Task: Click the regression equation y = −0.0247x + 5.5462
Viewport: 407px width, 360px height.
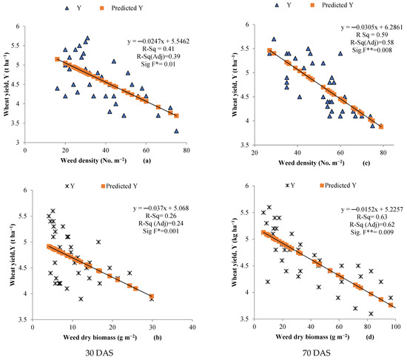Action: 158,41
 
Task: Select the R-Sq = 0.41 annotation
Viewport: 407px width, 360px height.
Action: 158,49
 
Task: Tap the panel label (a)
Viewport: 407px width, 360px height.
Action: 147,161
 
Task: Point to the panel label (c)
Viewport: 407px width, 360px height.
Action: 366,163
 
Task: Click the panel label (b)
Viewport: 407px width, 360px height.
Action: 158,337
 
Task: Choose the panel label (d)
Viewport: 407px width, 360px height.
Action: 370,337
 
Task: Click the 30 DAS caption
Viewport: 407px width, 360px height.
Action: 99,353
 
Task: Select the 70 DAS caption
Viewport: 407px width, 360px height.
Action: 317,353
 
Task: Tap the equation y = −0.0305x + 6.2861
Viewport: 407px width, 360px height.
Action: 371,27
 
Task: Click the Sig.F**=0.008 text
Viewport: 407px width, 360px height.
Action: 371,50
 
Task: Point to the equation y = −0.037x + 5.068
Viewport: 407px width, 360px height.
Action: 161,208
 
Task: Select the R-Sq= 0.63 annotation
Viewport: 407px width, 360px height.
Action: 371,217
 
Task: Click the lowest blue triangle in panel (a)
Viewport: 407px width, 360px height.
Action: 177,132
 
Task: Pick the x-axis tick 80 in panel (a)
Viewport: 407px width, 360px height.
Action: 186,151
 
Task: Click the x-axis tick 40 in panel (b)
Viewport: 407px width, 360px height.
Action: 192,327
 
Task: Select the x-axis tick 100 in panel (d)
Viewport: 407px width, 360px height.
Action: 396,327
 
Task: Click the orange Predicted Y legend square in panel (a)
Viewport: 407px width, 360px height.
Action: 102,8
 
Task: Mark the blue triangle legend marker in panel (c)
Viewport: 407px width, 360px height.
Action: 277,5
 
